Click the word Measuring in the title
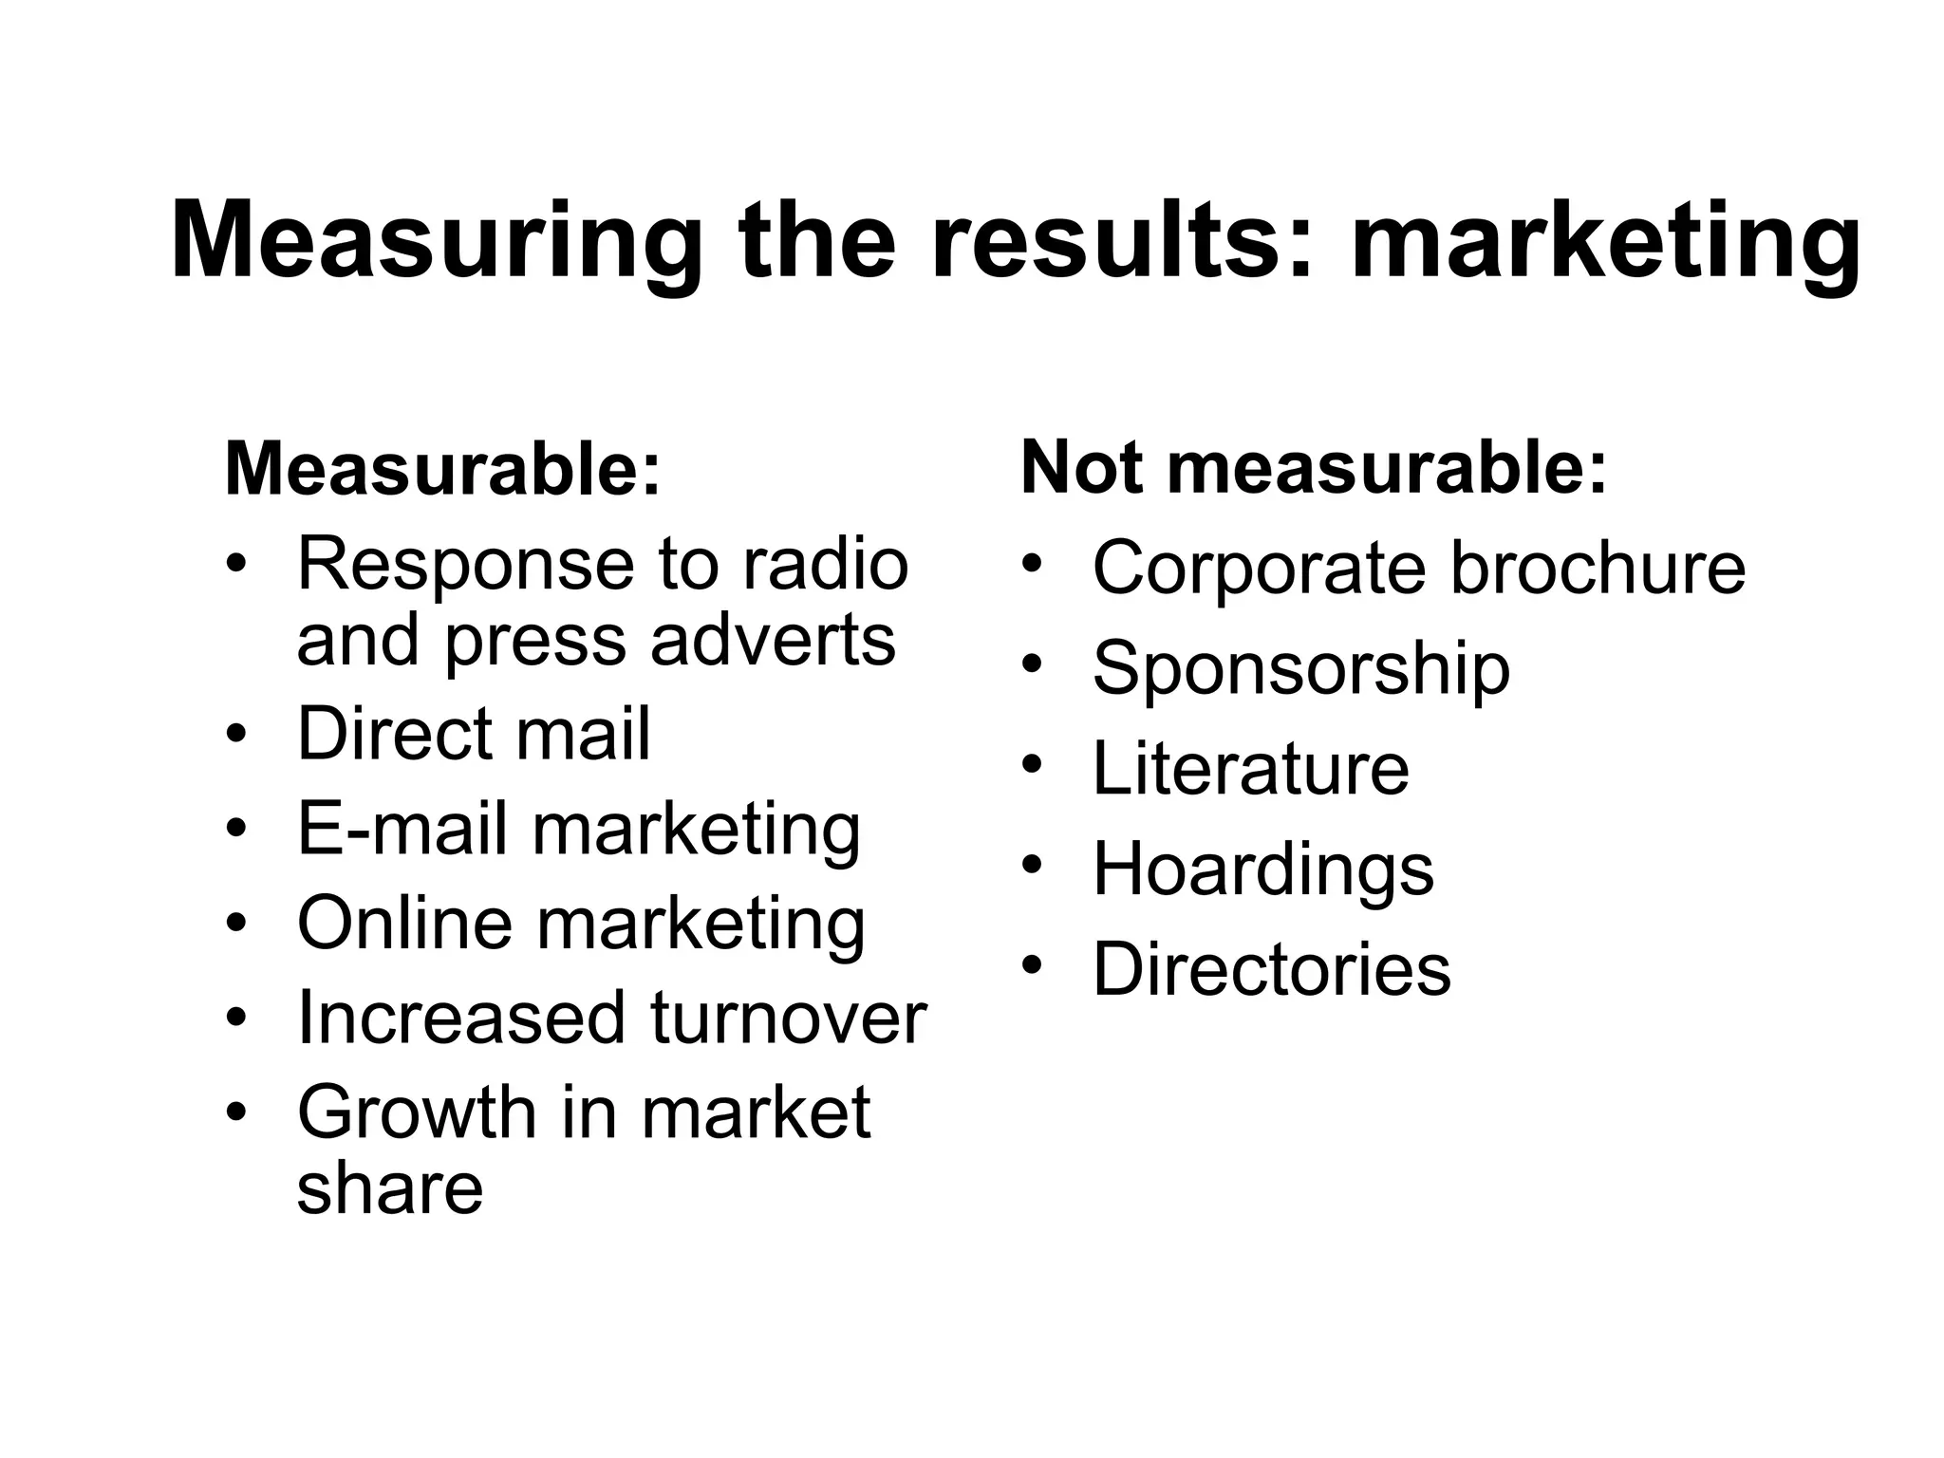click(x=437, y=242)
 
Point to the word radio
click(x=825, y=564)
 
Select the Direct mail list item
click(x=474, y=733)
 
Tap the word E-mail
click(x=402, y=828)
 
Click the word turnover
click(x=788, y=1018)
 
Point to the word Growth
click(x=417, y=1112)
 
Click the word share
click(x=390, y=1187)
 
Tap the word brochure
click(x=1598, y=568)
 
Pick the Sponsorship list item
click(x=1300, y=668)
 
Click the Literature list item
click(x=1250, y=768)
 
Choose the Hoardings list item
click(x=1262, y=869)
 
